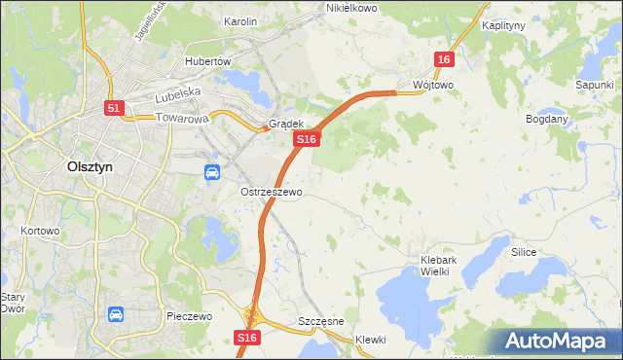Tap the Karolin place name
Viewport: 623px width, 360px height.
pyautogui.click(x=240, y=21)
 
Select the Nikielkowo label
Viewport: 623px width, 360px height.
pyautogui.click(x=351, y=8)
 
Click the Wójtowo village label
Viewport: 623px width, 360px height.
pyautogui.click(x=433, y=85)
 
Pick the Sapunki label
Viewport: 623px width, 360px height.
pyautogui.click(x=593, y=85)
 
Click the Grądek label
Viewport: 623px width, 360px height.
pyautogui.click(x=286, y=125)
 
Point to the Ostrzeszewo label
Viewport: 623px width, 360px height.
pyautogui.click(x=272, y=193)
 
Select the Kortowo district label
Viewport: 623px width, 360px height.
pyautogui.click(x=40, y=232)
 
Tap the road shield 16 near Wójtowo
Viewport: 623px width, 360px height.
pyautogui.click(x=444, y=60)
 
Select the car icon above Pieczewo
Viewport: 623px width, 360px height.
pyautogui.click(x=116, y=315)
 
